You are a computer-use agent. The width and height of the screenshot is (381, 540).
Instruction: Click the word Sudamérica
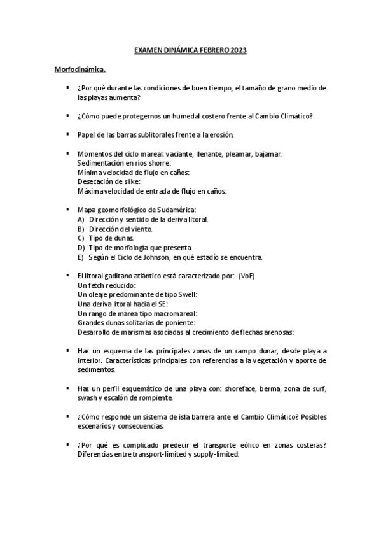175,210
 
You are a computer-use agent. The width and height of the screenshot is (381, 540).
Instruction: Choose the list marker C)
81,238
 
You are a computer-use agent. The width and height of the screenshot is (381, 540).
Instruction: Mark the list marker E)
81,257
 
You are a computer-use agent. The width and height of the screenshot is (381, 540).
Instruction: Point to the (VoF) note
245,275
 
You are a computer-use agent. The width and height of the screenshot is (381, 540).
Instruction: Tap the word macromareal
176,313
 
